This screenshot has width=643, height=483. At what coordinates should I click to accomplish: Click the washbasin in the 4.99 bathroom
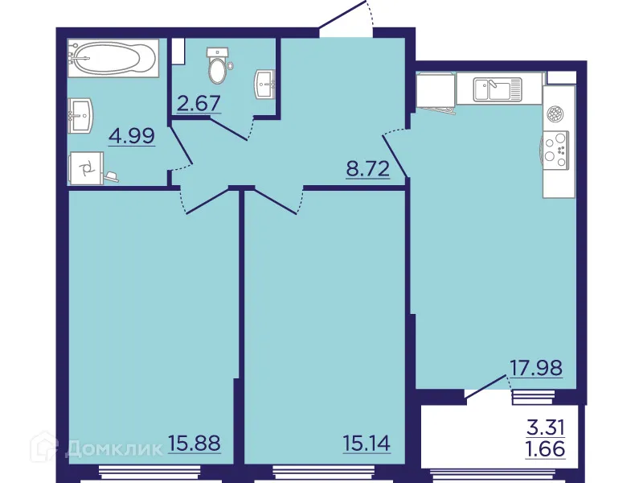(x=79, y=115)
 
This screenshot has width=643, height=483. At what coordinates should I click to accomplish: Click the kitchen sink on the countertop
(x=497, y=88)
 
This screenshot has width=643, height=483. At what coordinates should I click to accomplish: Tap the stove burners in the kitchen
(x=556, y=147)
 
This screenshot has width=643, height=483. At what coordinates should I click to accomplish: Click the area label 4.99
(x=132, y=135)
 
